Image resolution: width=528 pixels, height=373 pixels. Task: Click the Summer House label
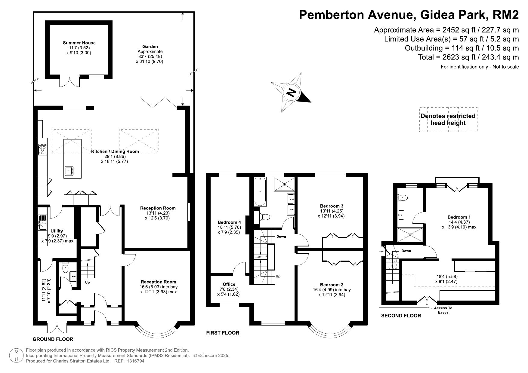(79, 43)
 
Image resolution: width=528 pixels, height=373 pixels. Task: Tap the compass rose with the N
(291, 93)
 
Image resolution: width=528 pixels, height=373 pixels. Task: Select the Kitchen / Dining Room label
(115, 151)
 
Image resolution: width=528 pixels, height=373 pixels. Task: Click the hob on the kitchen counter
(42, 149)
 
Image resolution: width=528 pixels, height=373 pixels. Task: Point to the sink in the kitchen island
(69, 171)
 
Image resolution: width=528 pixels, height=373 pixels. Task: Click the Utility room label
(57, 231)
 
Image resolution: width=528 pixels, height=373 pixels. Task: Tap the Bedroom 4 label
(229, 222)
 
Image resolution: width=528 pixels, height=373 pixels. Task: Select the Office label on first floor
(229, 284)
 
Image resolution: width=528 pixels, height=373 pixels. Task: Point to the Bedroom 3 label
(332, 206)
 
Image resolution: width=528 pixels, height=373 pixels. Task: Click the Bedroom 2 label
(332, 285)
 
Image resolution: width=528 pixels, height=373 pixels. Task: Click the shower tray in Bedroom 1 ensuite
(410, 235)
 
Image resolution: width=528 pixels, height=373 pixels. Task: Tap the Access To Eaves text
(443, 310)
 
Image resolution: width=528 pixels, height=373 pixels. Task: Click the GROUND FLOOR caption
(53, 339)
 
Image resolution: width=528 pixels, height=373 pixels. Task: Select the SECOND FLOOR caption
(401, 316)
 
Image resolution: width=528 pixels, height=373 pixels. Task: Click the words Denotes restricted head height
(448, 119)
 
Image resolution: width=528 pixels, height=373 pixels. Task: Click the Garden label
(150, 47)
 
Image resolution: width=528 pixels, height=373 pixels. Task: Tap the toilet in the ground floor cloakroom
(65, 268)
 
